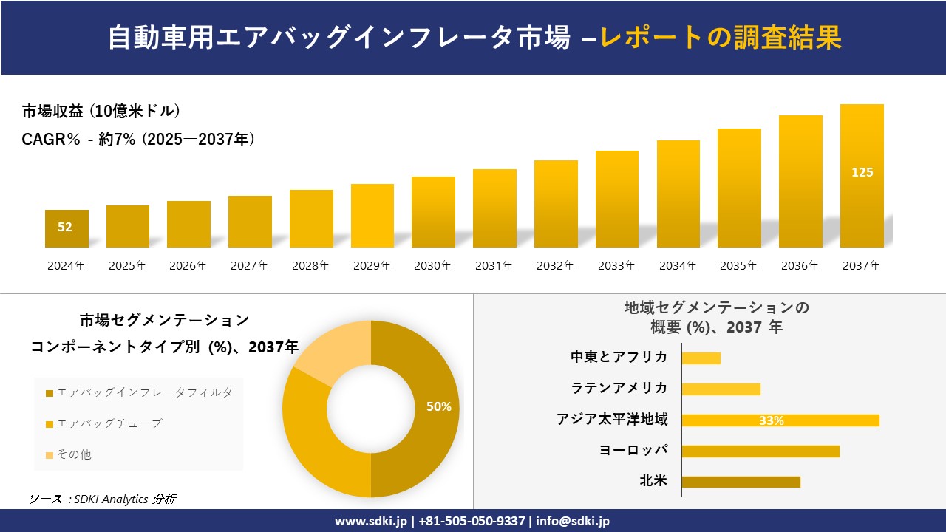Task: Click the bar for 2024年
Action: (x=67, y=228)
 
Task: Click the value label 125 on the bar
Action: (x=862, y=172)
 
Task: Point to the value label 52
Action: (x=65, y=227)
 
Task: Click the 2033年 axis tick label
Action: (x=616, y=266)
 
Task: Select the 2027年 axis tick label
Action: (x=249, y=266)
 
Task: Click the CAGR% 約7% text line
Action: (x=139, y=138)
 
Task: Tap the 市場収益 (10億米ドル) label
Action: (x=101, y=112)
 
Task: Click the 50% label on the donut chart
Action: (x=439, y=406)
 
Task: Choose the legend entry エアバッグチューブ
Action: (x=109, y=423)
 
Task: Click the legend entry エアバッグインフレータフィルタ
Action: (x=144, y=392)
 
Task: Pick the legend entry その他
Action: (x=74, y=454)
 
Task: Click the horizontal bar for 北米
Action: (x=741, y=482)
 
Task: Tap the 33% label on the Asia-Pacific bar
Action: (x=771, y=420)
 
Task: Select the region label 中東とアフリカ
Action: (x=619, y=358)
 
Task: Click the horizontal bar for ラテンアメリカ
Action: (x=721, y=389)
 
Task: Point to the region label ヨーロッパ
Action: (x=633, y=450)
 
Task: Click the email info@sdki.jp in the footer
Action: (x=573, y=521)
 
